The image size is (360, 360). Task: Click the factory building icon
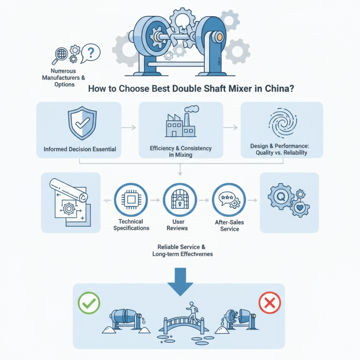pos(180,123)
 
